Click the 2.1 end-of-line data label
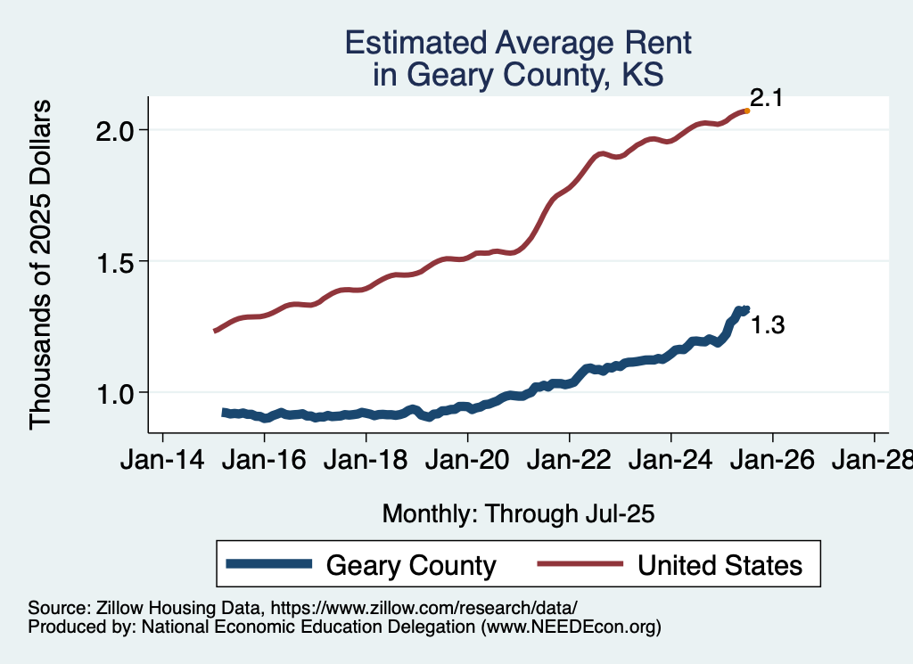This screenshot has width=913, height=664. (766, 98)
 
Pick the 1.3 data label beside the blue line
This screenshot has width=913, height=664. (767, 326)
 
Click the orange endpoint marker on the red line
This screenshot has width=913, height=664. (746, 111)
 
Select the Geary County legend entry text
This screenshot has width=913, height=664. (411, 565)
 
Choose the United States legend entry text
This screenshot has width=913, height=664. (720, 565)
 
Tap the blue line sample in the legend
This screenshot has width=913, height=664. (269, 564)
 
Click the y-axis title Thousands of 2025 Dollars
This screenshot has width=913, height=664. (42, 264)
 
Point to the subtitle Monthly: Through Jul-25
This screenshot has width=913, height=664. (518, 514)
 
